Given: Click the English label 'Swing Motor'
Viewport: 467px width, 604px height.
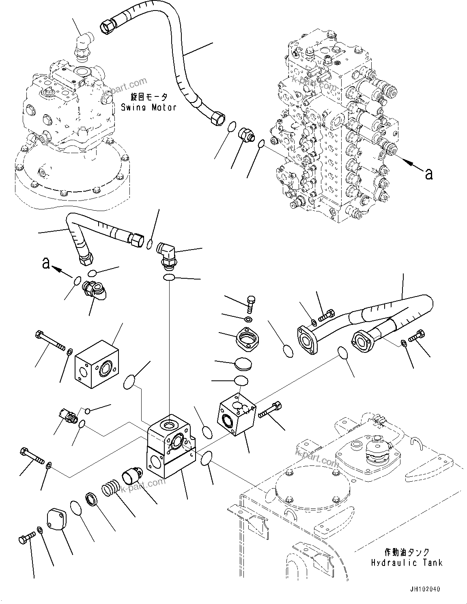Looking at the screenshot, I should coord(148,107).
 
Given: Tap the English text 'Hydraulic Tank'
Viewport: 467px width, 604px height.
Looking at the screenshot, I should coord(406,563).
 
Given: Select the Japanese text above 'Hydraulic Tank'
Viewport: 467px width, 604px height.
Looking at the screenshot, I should coord(406,552).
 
